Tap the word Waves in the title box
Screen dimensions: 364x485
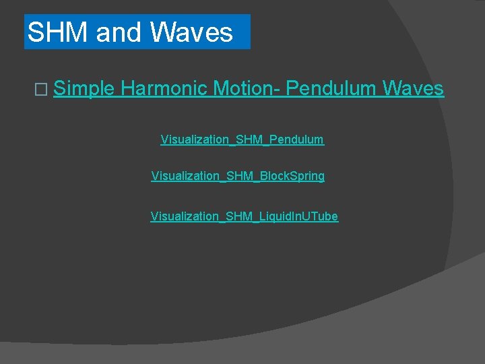(192, 32)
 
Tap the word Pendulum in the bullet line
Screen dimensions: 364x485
(331, 88)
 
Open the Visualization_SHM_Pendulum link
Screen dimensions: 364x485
(242, 140)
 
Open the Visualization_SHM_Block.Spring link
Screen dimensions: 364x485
(238, 176)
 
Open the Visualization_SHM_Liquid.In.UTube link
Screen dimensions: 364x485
(244, 216)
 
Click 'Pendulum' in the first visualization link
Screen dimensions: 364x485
(296, 140)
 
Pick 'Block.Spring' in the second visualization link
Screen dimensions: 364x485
(292, 176)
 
